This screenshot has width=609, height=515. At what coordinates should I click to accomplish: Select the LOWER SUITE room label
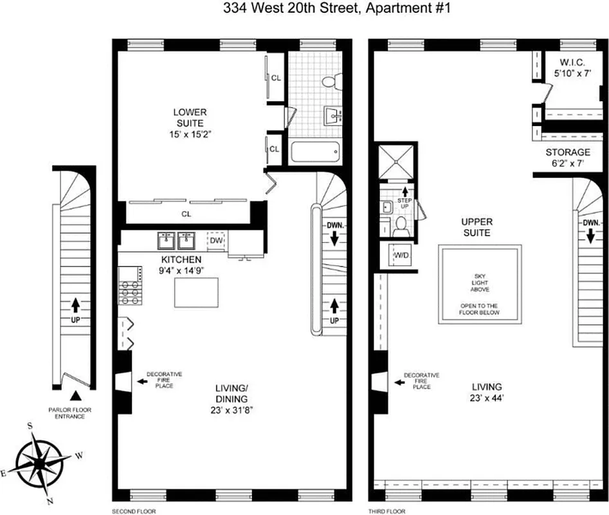point(189,118)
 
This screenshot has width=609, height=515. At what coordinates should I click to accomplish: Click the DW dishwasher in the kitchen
point(217,241)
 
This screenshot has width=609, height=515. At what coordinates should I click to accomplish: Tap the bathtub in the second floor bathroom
point(315,153)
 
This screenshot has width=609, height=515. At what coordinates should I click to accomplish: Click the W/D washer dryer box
point(401,255)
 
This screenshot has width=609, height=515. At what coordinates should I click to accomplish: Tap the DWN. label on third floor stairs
point(591,223)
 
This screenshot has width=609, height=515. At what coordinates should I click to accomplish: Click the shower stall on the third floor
point(397,162)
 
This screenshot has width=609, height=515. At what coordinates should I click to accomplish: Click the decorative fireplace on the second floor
point(123,382)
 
